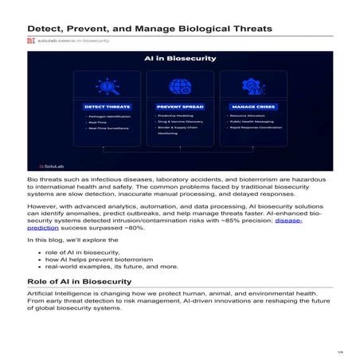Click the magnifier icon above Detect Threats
coord(105,87)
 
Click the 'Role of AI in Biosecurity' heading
coord(80,282)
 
